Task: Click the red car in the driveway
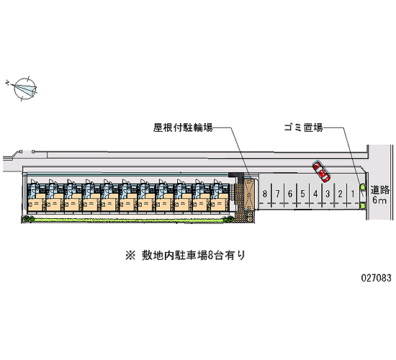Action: [321, 171]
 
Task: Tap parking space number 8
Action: [265, 194]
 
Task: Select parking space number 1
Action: [353, 194]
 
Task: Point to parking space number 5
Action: [302, 194]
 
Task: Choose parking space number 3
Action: [328, 194]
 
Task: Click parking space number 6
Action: [290, 194]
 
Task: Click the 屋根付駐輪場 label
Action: [183, 127]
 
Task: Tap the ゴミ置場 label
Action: [303, 127]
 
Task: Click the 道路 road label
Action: [379, 190]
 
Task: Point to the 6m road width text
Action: [379, 200]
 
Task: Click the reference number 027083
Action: [376, 278]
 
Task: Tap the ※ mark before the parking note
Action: [130, 256]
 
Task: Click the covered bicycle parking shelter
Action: [249, 194]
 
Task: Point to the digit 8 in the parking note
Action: [211, 256]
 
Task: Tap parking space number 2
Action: [340, 194]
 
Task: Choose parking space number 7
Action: [277, 194]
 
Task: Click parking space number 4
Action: [315, 194]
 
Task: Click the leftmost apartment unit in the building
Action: [37, 195]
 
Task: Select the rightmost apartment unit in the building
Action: [220, 195]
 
